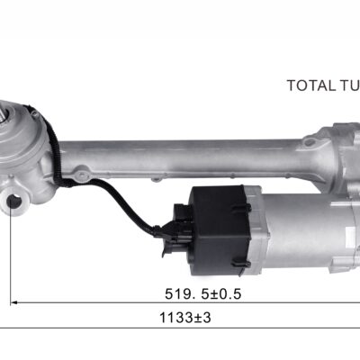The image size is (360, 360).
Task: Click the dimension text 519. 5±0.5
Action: [x=203, y=294]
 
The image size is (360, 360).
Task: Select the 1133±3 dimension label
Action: [x=185, y=318]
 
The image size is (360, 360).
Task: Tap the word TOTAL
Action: [x=311, y=85]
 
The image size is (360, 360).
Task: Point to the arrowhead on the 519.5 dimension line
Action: [x=13, y=303]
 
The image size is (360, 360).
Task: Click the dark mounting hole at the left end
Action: [x=13, y=201]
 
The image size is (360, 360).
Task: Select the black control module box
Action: [x=220, y=230]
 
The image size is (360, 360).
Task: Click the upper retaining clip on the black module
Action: [x=241, y=207]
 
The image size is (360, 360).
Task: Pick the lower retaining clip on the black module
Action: [x=241, y=264]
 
